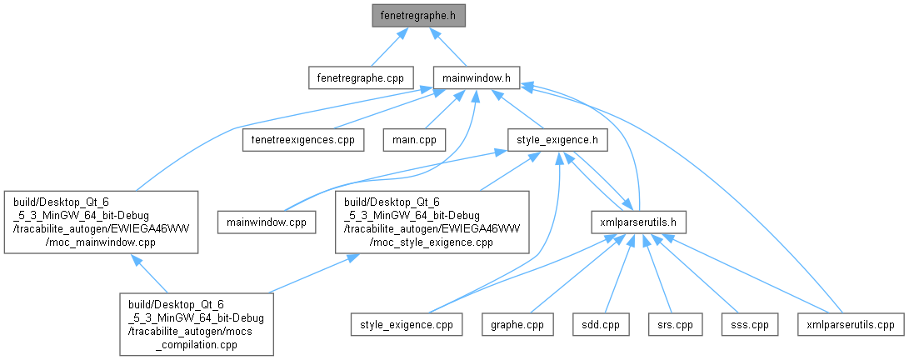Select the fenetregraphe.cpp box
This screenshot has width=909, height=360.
click(x=361, y=77)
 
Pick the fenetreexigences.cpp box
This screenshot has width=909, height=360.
click(x=302, y=139)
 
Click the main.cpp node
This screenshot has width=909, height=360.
click(x=414, y=139)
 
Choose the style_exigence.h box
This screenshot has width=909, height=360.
click(x=557, y=139)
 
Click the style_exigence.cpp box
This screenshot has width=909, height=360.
click(x=407, y=325)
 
